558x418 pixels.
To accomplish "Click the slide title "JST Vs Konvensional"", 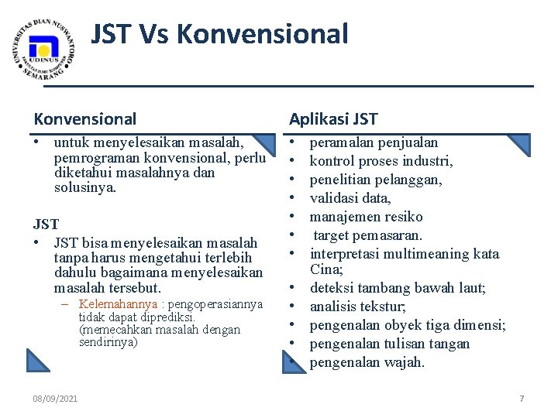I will (220, 34).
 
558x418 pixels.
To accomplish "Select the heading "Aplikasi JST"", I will (333, 118).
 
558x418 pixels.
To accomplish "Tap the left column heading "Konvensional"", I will (84, 118).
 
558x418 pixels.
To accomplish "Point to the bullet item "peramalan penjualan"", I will (374, 142).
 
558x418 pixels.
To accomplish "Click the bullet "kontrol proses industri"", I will (381, 161).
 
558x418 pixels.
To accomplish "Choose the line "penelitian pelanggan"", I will (376, 180).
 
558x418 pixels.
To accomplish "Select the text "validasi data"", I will (350, 198).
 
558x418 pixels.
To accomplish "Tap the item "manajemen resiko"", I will (366, 217).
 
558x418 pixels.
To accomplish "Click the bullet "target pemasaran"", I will (368, 235).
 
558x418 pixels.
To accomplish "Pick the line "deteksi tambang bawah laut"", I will (398, 288).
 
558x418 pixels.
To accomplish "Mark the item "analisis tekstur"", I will (357, 307).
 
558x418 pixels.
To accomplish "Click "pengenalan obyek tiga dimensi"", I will (408, 325).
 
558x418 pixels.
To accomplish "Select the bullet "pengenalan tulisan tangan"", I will (390, 344).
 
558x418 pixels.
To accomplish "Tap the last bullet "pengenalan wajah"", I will (367, 362).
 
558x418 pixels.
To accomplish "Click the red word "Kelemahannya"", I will (118, 304).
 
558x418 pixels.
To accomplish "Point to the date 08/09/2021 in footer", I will (55, 399).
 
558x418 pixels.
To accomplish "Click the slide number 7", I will (522, 399).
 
